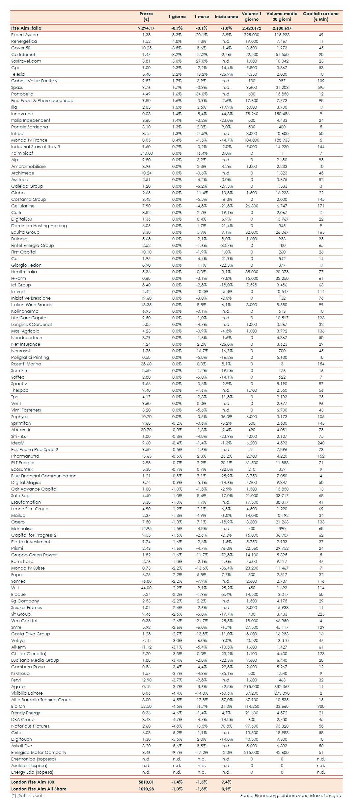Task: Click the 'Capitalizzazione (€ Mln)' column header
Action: click(320, 16)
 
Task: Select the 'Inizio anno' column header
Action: click(226, 16)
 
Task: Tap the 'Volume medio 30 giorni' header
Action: click(282, 16)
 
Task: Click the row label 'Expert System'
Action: click(25, 35)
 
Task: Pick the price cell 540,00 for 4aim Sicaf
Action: click(146, 153)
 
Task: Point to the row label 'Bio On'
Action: click(18, 706)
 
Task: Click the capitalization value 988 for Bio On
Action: click(321, 706)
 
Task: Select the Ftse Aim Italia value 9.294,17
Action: click(146, 28)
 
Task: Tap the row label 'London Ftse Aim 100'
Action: click(33, 782)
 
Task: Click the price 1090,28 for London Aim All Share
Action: click(146, 789)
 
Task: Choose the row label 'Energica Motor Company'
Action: click(39, 752)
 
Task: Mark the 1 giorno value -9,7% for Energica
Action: click(177, 752)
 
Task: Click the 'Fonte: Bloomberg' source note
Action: click(290, 795)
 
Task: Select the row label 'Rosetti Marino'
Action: click(26, 364)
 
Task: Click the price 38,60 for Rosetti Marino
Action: click(146, 364)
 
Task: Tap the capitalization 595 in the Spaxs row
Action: click(321, 87)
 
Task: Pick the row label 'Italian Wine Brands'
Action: click(31, 305)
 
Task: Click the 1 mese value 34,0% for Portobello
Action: click(202, 94)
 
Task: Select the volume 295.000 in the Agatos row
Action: click(252, 686)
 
